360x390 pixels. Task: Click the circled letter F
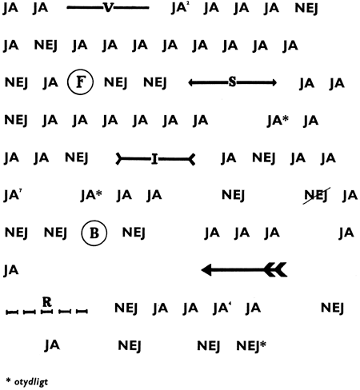tap(80, 82)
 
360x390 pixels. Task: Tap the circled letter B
tap(94, 233)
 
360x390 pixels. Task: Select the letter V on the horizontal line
tap(108, 8)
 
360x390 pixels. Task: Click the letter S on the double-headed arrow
tap(232, 82)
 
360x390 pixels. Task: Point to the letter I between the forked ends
tap(154, 159)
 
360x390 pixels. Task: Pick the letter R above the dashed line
tap(47, 302)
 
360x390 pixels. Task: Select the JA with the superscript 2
tap(180, 8)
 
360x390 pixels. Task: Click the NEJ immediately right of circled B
tap(134, 233)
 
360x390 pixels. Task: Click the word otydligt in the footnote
tap(31, 382)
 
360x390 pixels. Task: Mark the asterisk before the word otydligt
tap(8, 381)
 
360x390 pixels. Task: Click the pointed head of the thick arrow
tap(206, 270)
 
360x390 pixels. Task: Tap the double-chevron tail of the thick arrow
tap(276, 270)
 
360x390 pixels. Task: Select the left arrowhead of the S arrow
tap(191, 82)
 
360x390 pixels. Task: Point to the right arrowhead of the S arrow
tap(274, 82)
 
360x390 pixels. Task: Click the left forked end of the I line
tap(119, 159)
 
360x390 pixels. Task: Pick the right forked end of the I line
tap(192, 159)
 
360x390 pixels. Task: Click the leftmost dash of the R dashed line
tap(12, 312)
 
